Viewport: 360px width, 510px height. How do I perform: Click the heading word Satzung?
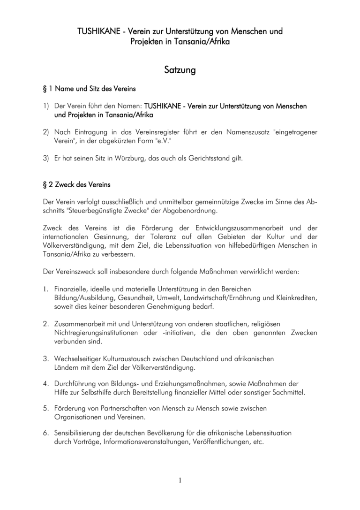pos(180,70)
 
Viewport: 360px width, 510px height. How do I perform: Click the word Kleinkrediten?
pos(296,298)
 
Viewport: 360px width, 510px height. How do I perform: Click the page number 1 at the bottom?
pos(180,480)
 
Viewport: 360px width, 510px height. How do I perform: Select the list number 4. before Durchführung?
pos(46,383)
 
